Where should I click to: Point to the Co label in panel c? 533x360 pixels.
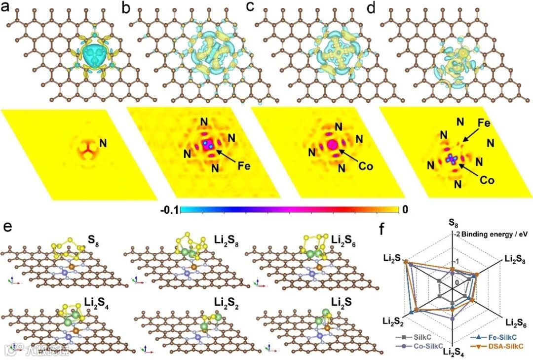(366, 167)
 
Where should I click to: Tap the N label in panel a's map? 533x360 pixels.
(104, 143)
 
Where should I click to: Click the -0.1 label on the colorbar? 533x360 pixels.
(170, 210)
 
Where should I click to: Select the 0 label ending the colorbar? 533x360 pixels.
(405, 210)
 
